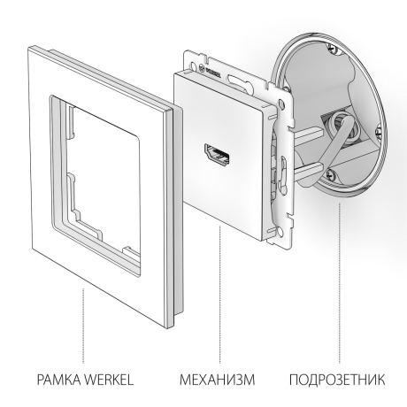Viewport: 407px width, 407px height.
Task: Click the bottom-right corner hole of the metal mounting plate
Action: click(x=286, y=232)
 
